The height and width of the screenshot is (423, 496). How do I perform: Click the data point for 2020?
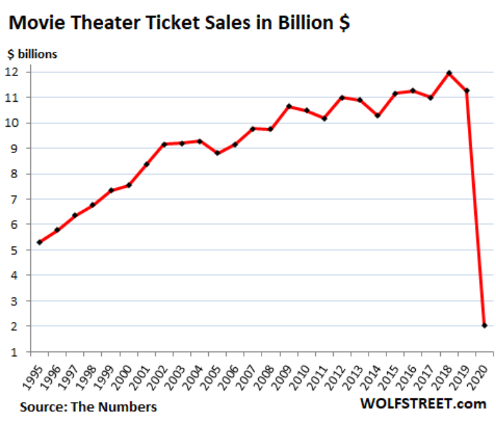485,325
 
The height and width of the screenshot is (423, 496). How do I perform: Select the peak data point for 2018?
449,73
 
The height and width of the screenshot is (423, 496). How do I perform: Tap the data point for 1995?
39,242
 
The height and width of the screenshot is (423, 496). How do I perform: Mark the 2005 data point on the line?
217,153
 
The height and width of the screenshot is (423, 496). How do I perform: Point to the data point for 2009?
288,106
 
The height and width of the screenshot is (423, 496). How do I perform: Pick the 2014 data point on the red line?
378,116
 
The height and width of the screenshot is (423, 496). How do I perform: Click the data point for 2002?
164,144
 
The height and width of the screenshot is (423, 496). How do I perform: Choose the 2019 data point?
467,91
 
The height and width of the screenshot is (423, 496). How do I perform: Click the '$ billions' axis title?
32,54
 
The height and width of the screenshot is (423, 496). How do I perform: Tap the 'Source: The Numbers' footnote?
88,407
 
